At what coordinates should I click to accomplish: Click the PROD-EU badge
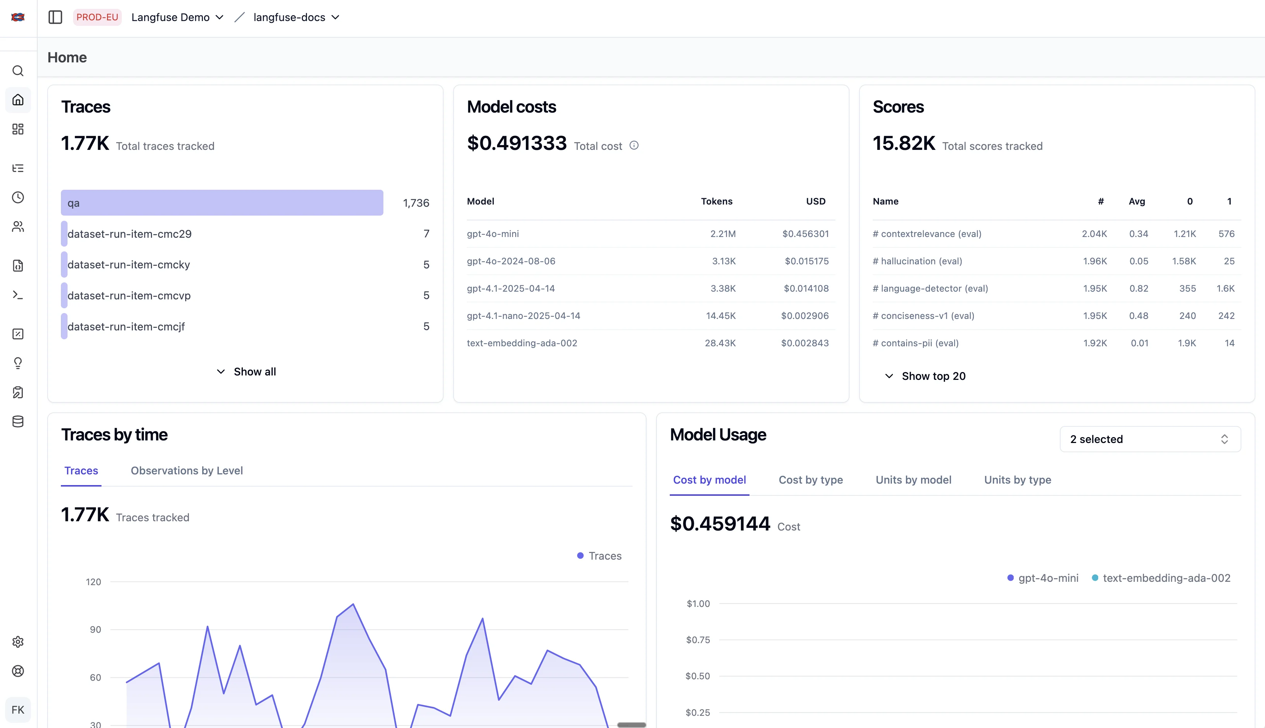coord(97,17)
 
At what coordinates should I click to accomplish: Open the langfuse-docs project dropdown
coord(296,17)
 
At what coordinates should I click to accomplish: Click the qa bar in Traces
coord(222,203)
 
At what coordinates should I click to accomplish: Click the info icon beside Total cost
coord(634,145)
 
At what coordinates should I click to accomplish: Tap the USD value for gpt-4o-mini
coord(805,234)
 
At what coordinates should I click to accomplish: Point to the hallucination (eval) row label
coord(921,261)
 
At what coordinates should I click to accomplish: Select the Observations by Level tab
coord(186,470)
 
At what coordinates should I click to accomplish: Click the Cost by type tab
coord(810,480)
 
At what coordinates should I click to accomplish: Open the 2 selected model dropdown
coord(1149,439)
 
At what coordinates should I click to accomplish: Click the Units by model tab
coord(913,480)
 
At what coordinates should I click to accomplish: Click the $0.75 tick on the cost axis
coord(698,640)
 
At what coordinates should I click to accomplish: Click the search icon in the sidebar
coord(18,71)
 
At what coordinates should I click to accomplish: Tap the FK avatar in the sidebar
coord(18,710)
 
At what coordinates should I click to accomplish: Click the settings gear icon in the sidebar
coord(18,642)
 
